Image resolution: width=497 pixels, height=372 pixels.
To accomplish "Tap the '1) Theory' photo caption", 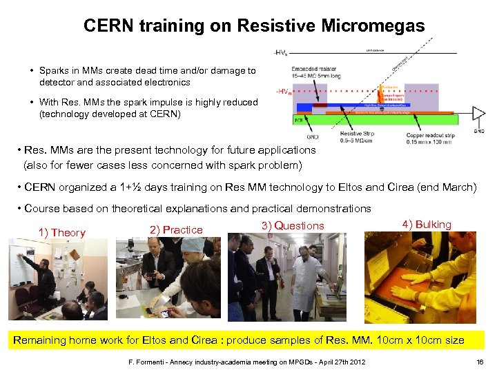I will (62, 233).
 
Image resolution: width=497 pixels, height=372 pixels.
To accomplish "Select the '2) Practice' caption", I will (176, 230).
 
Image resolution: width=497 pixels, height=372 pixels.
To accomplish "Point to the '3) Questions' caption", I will (293, 226).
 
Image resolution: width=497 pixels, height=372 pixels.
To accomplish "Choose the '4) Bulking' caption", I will (427, 225).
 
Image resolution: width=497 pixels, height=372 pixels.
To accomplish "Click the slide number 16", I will (480, 362).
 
